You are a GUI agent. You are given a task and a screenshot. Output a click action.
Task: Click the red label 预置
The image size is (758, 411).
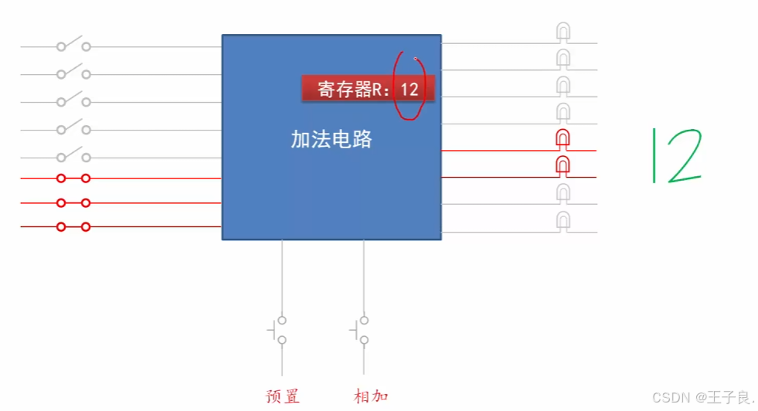[282, 397]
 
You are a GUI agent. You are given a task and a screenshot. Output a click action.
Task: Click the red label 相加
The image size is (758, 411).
[371, 397]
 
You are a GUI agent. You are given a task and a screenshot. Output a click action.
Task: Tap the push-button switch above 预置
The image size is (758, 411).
[279, 331]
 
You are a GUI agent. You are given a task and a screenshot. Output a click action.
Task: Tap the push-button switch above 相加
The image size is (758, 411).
[361, 331]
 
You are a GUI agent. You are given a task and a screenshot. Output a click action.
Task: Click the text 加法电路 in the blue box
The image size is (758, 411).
[331, 139]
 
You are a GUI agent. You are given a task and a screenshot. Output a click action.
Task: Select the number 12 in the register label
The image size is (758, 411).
[410, 89]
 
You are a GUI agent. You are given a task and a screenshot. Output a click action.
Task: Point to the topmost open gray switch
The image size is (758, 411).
[73, 46]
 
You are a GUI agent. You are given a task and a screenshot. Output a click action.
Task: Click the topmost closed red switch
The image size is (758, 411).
[73, 178]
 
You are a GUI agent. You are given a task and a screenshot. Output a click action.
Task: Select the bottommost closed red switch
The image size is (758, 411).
[73, 227]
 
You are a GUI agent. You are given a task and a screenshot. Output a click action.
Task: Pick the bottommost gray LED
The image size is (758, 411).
[564, 222]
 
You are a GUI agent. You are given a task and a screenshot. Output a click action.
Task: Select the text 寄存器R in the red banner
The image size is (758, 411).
[350, 89]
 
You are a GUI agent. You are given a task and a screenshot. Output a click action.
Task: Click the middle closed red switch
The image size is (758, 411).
[73, 203]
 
